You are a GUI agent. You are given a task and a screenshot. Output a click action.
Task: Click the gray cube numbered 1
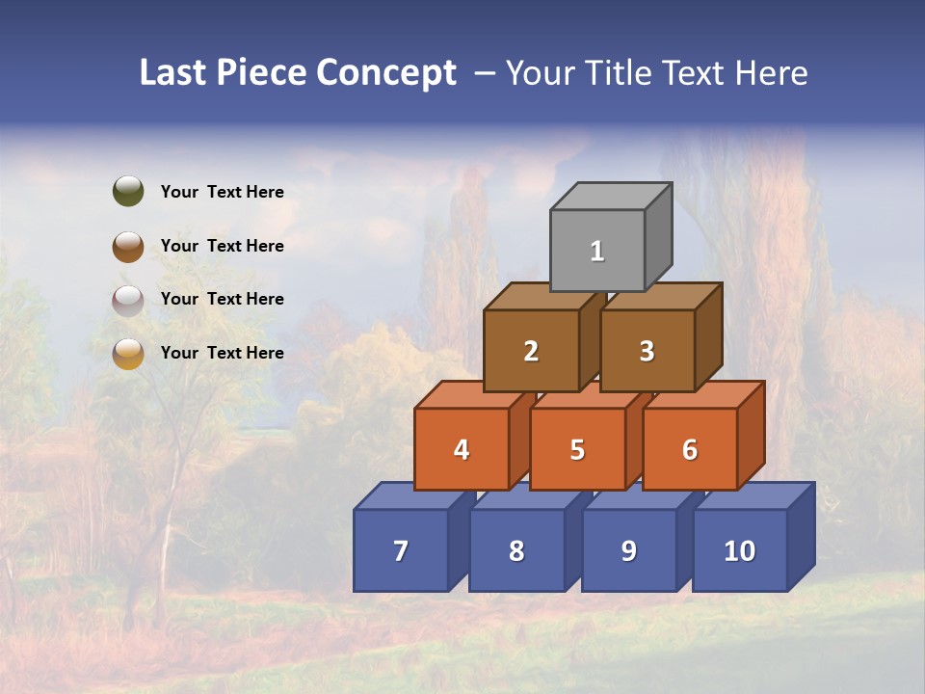pyautogui.click(x=597, y=251)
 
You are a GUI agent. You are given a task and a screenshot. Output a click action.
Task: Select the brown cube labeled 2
pyautogui.click(x=531, y=351)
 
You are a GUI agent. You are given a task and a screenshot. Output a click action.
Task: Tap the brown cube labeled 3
pyautogui.click(x=647, y=351)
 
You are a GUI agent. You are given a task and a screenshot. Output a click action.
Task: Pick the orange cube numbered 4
pyautogui.click(x=462, y=449)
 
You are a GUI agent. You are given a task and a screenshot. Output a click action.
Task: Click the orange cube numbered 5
pyautogui.click(x=577, y=449)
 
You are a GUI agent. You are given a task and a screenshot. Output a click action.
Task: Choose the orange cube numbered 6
pyautogui.click(x=690, y=449)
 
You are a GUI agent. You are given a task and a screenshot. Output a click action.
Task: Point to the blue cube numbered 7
pyautogui.click(x=401, y=550)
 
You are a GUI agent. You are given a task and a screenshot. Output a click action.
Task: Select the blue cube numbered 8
pyautogui.click(x=516, y=550)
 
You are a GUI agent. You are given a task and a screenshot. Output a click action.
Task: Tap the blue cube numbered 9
pyautogui.click(x=628, y=550)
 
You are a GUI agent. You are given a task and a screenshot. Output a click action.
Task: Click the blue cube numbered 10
pyautogui.click(x=739, y=550)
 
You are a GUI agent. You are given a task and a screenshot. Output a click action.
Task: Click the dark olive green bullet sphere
pyautogui.click(x=128, y=191)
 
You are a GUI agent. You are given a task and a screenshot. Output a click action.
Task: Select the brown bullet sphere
pyautogui.click(x=128, y=246)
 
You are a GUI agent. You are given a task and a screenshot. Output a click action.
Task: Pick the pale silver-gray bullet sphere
pyautogui.click(x=128, y=300)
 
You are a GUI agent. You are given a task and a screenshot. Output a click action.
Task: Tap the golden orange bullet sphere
pyautogui.click(x=128, y=354)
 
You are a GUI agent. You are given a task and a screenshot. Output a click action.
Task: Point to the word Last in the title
pyautogui.click(x=174, y=72)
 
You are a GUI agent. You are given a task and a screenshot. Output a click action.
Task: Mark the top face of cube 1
pyautogui.click(x=611, y=197)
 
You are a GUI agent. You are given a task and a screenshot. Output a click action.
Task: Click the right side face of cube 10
pyautogui.click(x=801, y=536)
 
